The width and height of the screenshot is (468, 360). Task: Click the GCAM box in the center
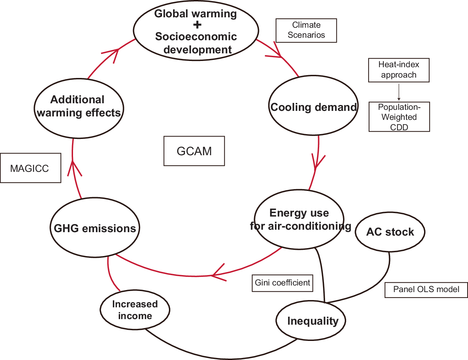[194, 151]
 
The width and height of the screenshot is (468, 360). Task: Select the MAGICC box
[30, 168]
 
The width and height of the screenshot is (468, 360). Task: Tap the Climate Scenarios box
[306, 30]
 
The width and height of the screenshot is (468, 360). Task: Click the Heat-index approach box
[399, 70]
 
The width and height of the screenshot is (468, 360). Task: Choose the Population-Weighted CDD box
[399, 117]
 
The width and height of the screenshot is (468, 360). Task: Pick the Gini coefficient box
[282, 283]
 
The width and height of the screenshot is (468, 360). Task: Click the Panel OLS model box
[426, 290]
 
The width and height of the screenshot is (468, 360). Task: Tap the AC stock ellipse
[390, 232]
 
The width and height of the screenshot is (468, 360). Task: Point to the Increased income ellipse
[135, 310]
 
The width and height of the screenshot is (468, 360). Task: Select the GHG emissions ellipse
[95, 228]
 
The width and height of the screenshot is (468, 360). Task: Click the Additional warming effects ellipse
[79, 108]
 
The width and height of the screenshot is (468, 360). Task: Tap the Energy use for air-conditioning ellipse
[299, 219]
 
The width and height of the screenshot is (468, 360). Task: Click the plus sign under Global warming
[197, 25]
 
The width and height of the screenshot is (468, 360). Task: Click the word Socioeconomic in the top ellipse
[196, 36]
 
